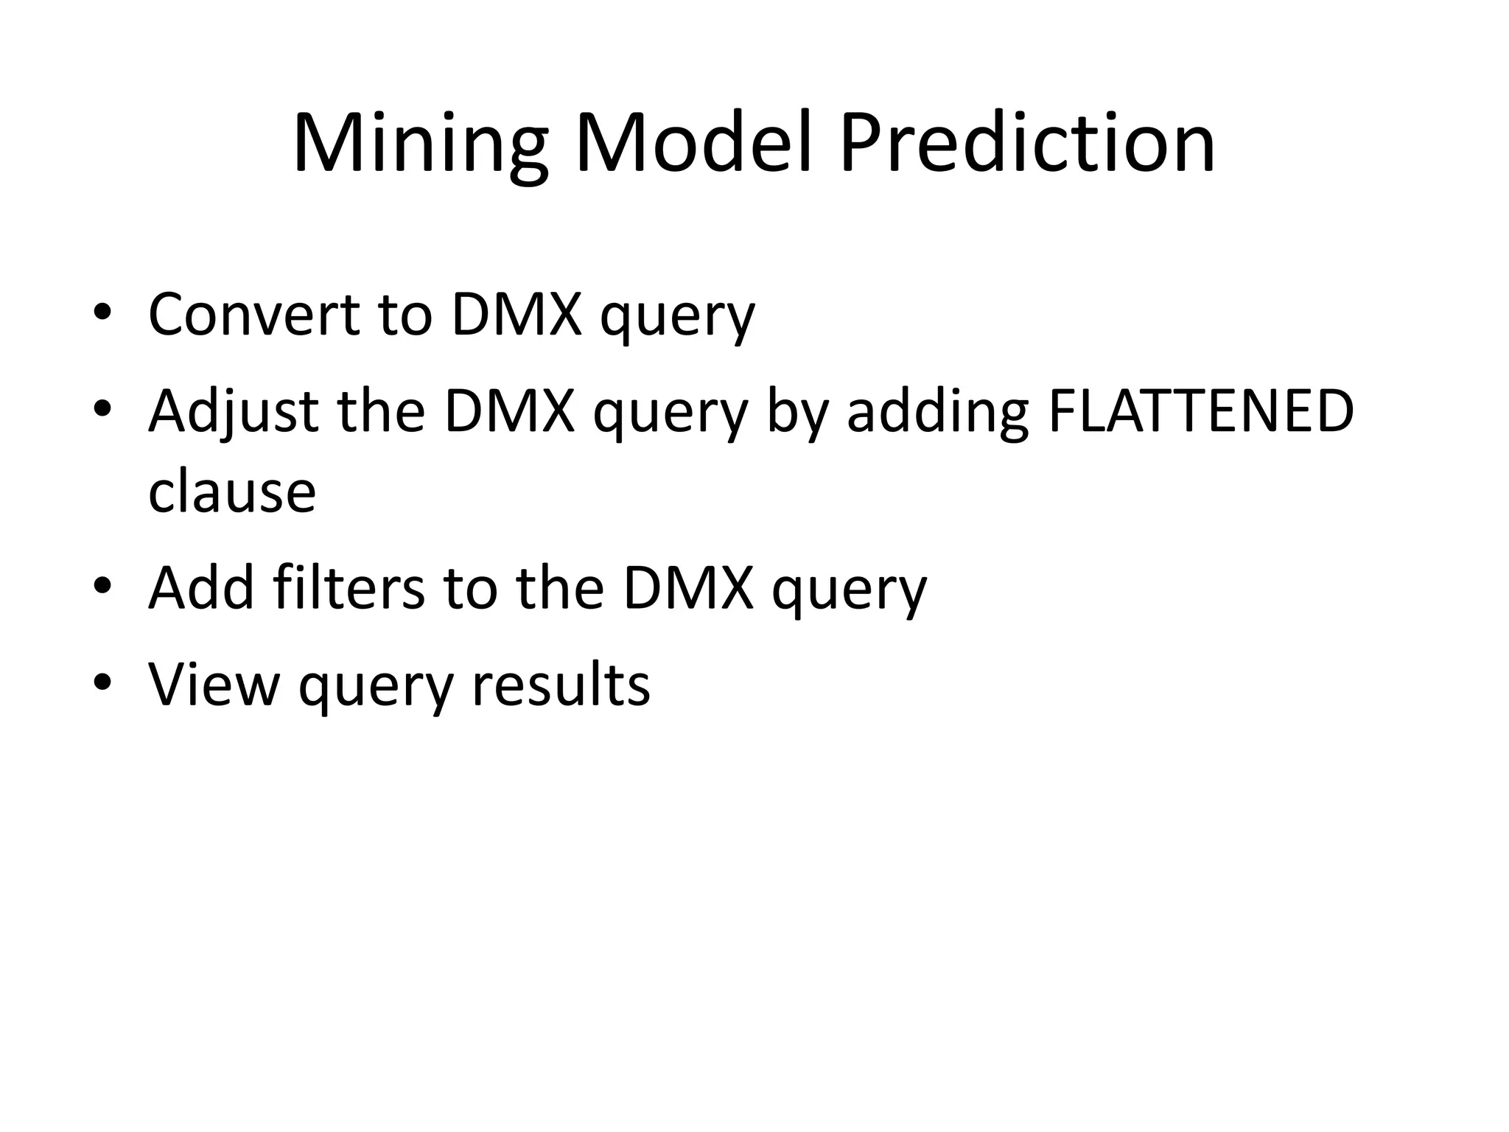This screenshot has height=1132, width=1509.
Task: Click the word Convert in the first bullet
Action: [253, 315]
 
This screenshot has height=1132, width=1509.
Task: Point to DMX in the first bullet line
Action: [516, 315]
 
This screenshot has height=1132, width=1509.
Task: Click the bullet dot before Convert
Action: [102, 311]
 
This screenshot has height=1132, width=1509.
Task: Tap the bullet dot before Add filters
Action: [102, 585]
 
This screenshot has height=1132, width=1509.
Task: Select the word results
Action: [561, 685]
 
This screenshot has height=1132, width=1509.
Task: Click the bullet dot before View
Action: [102, 682]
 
